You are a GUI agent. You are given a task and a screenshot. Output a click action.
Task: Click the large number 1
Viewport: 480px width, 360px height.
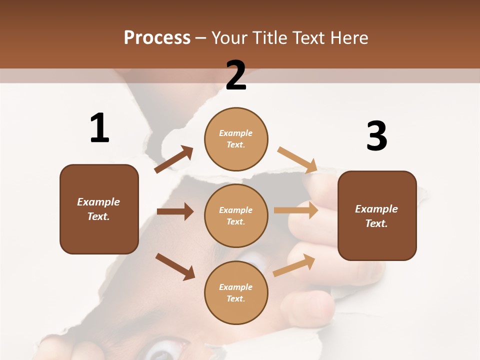[99, 128]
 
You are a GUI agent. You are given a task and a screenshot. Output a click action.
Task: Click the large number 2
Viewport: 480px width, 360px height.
[236, 75]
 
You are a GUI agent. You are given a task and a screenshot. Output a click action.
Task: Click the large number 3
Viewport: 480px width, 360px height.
[376, 136]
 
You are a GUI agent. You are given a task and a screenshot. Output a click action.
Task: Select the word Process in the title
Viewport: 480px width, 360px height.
[157, 37]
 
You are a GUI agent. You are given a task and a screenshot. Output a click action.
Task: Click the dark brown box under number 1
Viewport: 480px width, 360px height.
[99, 209]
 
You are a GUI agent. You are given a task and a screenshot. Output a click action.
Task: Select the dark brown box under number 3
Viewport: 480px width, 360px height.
[377, 215]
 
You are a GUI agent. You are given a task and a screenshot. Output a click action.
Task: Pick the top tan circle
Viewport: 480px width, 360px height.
[236, 139]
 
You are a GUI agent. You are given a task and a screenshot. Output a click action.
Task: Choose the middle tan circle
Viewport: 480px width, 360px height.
[236, 215]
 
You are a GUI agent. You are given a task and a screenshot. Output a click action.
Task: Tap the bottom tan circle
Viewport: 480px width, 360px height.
[236, 292]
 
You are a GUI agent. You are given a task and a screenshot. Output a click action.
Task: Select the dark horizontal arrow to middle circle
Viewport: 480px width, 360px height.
[175, 211]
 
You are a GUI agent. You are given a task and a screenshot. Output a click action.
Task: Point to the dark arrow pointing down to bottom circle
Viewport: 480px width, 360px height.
[175, 266]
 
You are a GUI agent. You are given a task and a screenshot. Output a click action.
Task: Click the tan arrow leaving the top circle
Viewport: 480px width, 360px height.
[297, 160]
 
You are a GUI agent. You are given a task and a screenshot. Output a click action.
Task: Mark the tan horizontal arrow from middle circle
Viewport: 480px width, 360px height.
[296, 210]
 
